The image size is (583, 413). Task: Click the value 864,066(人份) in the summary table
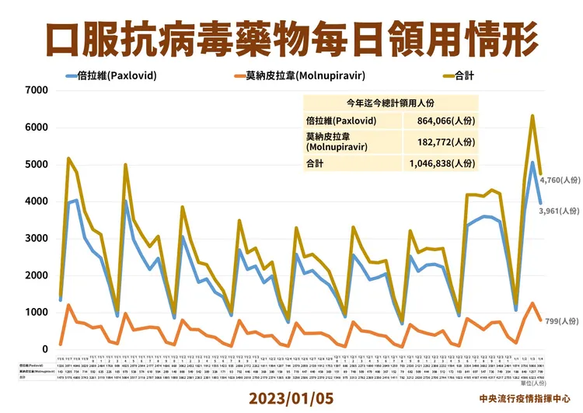(441, 121)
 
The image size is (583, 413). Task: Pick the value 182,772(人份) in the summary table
(441, 142)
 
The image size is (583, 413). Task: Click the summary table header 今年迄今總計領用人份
(389, 103)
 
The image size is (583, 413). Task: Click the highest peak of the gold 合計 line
(532, 116)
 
